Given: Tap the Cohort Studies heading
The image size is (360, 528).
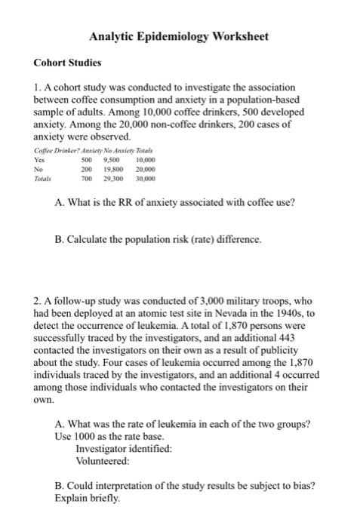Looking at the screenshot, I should [x=68, y=63].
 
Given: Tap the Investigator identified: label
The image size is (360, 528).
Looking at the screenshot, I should [x=124, y=448].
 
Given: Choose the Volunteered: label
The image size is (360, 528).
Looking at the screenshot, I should [x=103, y=459].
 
